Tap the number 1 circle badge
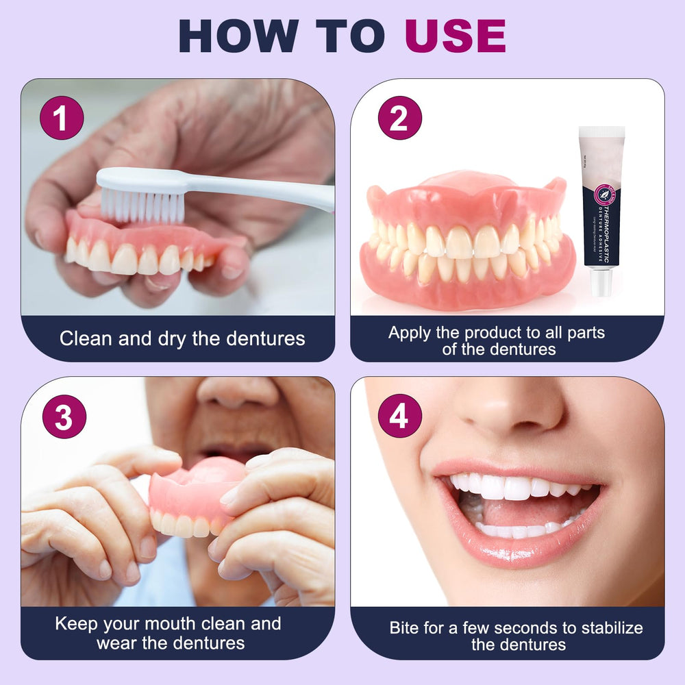pyautogui.click(x=62, y=118)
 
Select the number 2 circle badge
pyautogui.click(x=399, y=118)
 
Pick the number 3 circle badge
pyautogui.click(x=64, y=416)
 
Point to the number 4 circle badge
pyautogui.click(x=399, y=416)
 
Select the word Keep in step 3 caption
pyautogui.click(x=76, y=623)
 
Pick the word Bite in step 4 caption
pyautogui.click(x=404, y=627)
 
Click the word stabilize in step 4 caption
pyautogui.click(x=609, y=627)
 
